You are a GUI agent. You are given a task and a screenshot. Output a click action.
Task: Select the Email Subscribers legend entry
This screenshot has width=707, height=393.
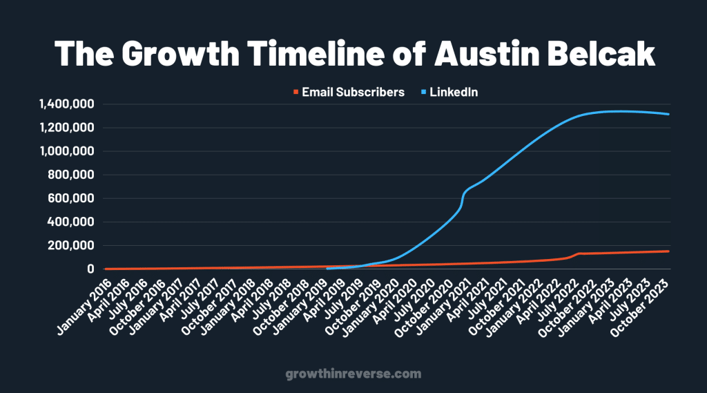pos(353,92)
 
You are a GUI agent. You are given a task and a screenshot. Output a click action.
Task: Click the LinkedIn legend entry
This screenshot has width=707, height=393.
pos(454,92)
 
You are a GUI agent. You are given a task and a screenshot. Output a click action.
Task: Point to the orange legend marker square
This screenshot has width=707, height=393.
pos(296,92)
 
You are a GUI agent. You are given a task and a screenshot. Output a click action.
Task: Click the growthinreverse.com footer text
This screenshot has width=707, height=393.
pos(353,374)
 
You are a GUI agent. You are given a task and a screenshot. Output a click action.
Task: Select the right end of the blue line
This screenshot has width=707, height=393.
pos(668,114)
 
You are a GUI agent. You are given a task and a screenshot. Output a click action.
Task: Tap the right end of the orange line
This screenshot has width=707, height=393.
pos(668,251)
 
